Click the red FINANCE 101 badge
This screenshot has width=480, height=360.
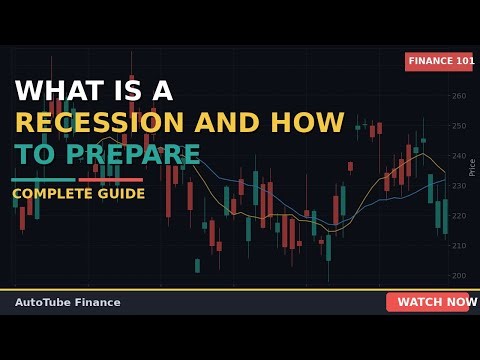click(x=439, y=61)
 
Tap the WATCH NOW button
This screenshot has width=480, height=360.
click(x=428, y=302)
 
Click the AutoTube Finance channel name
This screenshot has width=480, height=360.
click(x=67, y=302)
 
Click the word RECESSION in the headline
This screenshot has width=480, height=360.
click(x=100, y=123)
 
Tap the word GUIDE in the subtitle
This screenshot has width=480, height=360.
click(x=120, y=194)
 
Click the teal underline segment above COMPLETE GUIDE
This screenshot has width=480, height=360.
click(x=43, y=180)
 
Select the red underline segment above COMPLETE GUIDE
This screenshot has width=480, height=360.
click(x=111, y=180)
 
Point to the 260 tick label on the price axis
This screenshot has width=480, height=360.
click(x=458, y=97)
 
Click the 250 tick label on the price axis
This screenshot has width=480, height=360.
click(x=458, y=126)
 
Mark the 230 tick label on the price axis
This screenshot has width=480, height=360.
click(x=458, y=186)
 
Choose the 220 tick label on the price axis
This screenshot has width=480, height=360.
click(x=458, y=216)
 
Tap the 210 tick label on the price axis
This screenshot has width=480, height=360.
click(x=458, y=246)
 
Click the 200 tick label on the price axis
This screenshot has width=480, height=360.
click(x=458, y=276)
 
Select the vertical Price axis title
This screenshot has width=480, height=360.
click(x=472, y=167)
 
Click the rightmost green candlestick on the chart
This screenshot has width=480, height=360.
click(x=445, y=216)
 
